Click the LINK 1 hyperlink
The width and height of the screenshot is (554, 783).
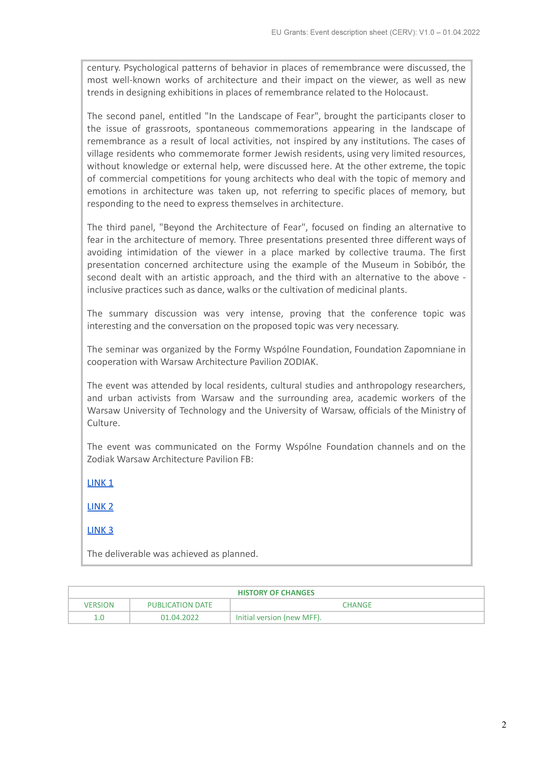(x=100, y=483)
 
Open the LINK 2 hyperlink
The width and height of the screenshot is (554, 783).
(x=100, y=506)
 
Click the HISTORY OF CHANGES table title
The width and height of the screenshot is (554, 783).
(x=276, y=593)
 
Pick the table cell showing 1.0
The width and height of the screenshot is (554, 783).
(x=99, y=618)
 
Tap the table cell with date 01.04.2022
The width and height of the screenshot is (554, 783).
(x=180, y=618)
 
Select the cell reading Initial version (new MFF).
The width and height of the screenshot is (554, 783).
(x=278, y=618)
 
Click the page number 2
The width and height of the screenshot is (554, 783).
(x=504, y=725)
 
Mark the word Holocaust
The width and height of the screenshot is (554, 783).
(x=406, y=93)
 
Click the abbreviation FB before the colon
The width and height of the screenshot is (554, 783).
(x=245, y=459)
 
